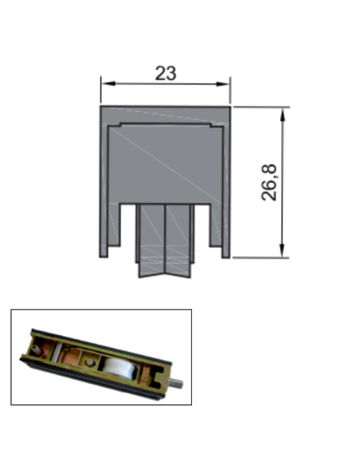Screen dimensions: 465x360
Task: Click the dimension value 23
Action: (165, 73)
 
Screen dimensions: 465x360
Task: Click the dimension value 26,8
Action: (269, 182)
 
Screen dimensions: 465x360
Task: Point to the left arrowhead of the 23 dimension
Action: (104, 83)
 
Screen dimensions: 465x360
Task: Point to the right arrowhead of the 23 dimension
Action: (226, 83)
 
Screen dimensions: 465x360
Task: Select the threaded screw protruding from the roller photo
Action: (178, 387)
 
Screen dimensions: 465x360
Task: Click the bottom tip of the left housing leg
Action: (104, 256)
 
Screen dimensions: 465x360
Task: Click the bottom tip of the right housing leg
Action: (226, 256)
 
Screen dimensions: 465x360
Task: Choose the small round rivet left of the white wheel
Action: (91, 361)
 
